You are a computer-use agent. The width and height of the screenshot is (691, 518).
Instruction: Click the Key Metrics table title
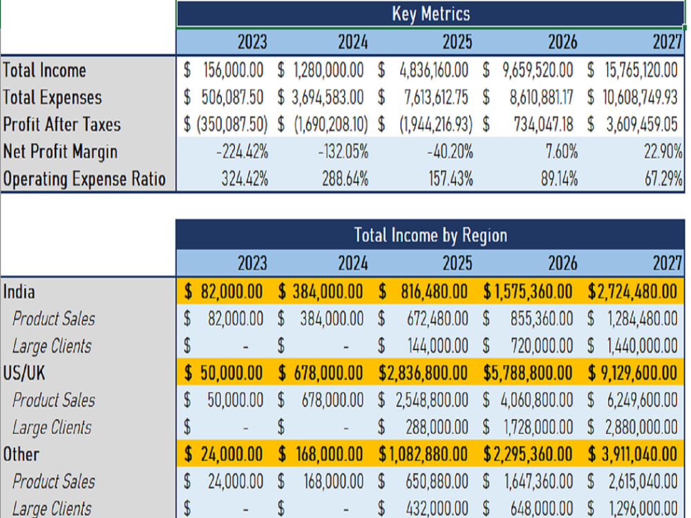430,14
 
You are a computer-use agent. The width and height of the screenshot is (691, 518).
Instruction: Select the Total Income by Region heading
430,236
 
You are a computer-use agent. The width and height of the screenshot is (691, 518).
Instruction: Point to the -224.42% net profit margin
241,152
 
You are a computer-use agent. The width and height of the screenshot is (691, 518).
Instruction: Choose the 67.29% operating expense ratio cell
663,180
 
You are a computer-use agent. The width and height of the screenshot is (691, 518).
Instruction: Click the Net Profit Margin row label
60,152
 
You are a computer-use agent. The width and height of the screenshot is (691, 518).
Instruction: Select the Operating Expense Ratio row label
84,180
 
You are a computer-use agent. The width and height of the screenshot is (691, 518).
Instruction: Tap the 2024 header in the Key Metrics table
352,42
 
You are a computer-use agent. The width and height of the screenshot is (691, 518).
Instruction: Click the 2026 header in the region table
562,263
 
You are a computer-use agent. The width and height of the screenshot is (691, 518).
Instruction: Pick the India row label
19,291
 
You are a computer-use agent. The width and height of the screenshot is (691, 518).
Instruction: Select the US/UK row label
23,373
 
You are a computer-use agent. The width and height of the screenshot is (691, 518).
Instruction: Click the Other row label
21,454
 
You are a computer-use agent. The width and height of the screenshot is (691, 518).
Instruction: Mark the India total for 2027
632,291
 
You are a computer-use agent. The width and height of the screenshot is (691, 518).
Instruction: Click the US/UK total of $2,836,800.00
423,373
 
